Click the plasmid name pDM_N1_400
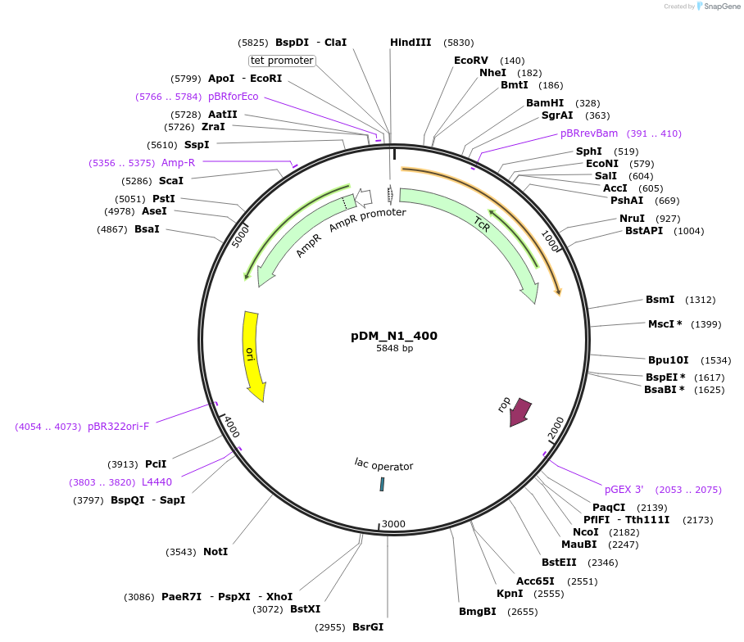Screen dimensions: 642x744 [394, 336]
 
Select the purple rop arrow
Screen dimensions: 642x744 [519, 411]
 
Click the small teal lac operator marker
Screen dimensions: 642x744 [382, 484]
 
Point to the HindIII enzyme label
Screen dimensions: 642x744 [411, 43]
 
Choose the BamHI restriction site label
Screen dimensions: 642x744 [545, 103]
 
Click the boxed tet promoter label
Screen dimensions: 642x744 [282, 61]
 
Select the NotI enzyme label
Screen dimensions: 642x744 [215, 552]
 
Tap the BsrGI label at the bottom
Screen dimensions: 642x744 [368, 627]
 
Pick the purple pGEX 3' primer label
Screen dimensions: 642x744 [624, 490]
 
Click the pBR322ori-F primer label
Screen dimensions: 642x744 [119, 427]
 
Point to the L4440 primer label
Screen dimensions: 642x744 [157, 482]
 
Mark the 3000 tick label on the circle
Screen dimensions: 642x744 [394, 524]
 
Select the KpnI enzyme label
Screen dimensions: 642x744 [510, 594]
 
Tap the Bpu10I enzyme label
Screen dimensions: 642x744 [668, 360]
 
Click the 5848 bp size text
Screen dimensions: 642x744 [394, 349]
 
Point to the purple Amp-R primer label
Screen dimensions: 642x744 [178, 163]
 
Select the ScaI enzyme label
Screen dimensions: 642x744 [171, 181]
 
